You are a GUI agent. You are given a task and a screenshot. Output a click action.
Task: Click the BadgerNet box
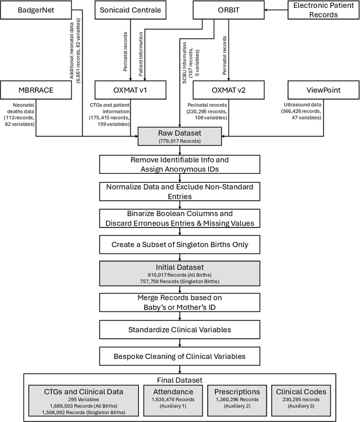37,10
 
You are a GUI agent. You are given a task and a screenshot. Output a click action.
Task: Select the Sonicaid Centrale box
130,10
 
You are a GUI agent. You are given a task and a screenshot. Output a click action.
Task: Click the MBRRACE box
37,89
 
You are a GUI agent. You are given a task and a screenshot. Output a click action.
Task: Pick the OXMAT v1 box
130,89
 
